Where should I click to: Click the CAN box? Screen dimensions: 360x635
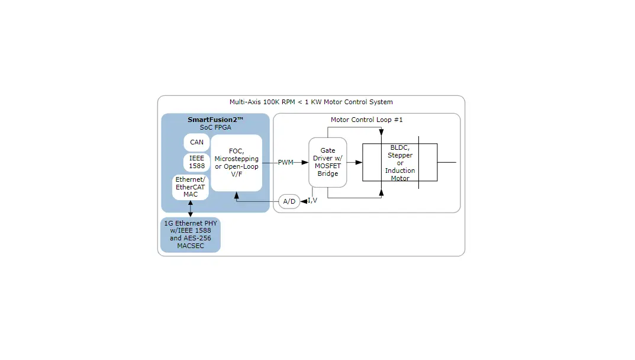[x=196, y=142]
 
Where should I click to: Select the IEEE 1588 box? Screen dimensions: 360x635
[x=196, y=162]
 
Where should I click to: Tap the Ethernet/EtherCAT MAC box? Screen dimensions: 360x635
[x=190, y=187]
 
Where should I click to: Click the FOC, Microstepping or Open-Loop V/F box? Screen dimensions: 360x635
[x=236, y=162]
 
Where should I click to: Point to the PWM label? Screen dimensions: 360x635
[x=285, y=162]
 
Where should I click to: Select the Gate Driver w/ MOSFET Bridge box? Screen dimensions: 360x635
[x=327, y=162]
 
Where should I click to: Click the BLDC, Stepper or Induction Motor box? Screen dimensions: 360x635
[x=399, y=162]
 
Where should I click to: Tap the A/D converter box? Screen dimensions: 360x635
[x=289, y=201]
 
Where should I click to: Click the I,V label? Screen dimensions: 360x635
[x=312, y=201]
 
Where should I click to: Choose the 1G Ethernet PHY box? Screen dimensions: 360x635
[x=190, y=234]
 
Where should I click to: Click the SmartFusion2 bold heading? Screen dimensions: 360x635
[x=215, y=120]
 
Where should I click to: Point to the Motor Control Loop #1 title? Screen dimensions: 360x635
[x=366, y=120]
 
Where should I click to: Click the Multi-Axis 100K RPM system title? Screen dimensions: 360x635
[x=311, y=102]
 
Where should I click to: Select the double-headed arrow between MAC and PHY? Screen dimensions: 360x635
[x=190, y=208]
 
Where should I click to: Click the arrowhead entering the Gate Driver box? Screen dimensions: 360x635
[x=305, y=162]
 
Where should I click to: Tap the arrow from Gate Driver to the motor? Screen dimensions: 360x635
[x=354, y=162]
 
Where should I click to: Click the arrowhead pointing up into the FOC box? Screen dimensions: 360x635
[x=236, y=194]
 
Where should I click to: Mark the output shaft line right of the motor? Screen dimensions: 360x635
[x=447, y=162]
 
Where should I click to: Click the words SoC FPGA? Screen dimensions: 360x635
[x=215, y=127]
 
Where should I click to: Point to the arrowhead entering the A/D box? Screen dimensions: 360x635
[x=304, y=201]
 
